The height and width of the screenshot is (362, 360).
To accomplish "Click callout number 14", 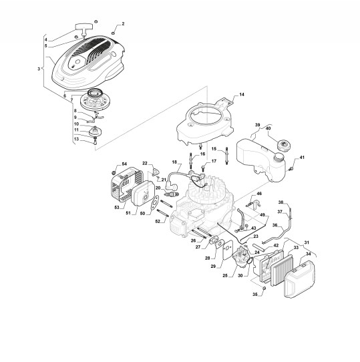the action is coord(242,94).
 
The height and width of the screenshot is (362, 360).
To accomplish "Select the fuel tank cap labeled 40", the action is coord(283,145).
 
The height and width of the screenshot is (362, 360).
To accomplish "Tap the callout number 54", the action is coord(124,164).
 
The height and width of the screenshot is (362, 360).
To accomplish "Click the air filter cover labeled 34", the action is coord(299,279).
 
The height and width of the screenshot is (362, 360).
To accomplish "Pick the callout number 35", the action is coord(255,295).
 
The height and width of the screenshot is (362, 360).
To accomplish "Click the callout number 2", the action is coord(123,24).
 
